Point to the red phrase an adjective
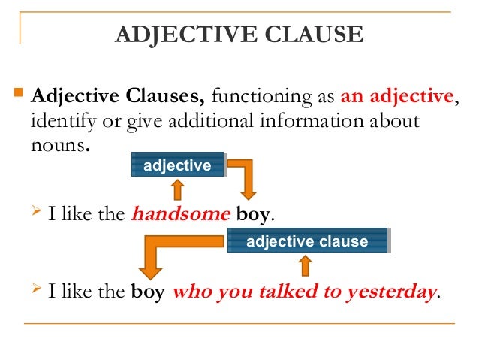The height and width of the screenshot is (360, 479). click(x=397, y=96)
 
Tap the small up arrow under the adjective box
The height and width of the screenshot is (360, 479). click(x=177, y=187)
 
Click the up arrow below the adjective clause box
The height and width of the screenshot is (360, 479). click(x=305, y=264)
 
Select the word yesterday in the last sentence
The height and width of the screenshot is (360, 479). click(x=389, y=292)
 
